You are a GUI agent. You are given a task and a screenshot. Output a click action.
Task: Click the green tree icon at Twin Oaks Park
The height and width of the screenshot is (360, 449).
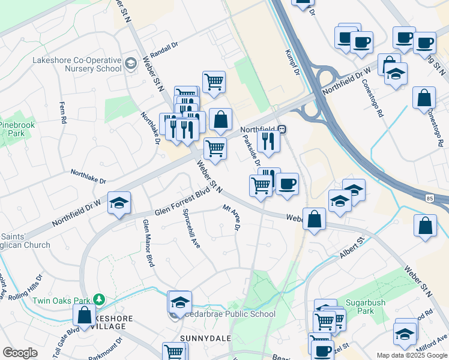pos(99,299)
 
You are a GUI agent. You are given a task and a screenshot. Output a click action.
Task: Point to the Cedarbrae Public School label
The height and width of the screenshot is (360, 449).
pos(232,314)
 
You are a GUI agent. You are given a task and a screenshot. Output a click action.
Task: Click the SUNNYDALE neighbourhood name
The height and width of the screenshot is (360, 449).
pos(206,338)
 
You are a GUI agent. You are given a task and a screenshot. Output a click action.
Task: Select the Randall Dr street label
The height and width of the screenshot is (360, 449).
pos(165,48)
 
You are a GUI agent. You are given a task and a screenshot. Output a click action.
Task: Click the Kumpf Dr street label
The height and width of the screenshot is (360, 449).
pos(292,62)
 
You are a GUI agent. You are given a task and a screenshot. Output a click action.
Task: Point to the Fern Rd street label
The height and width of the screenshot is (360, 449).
pos(62,112)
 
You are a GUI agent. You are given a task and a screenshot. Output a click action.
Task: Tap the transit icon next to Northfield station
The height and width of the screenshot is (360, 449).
pos(282,129)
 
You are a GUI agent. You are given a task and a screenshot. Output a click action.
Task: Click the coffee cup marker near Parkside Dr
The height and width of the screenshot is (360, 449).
pos(287,184)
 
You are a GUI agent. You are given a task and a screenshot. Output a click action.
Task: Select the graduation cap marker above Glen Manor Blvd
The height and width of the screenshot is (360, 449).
pos(119,203)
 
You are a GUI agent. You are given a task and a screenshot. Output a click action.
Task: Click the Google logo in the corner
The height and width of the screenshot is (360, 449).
pos(20,353)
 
